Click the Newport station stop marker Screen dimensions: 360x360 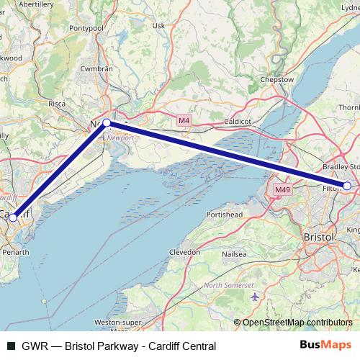[x=107, y=123]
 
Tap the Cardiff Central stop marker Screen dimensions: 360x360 [x=13, y=217]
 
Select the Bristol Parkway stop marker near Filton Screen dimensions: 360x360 [x=347, y=186]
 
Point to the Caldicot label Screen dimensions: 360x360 [x=236, y=122]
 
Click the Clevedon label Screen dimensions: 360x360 [x=184, y=253]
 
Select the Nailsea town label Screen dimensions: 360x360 [x=234, y=253]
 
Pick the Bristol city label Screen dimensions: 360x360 [x=319, y=237]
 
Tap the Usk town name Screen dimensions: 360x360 [x=160, y=26]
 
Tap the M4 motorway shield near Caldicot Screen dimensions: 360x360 [x=184, y=120]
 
